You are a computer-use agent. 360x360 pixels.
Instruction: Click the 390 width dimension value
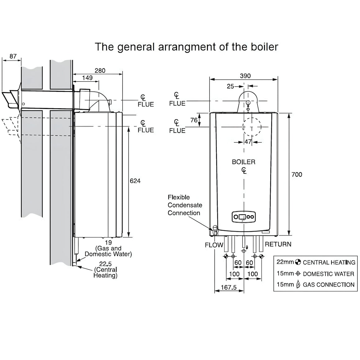coord(245,76)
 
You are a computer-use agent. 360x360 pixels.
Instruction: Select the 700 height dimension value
coord(297,174)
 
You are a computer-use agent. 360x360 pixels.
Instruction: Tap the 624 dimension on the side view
coord(135,181)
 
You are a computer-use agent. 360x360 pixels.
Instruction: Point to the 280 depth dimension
coord(100,71)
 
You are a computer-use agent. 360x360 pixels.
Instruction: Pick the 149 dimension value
coord(87,78)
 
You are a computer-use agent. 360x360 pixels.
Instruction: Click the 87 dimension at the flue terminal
coord(13,56)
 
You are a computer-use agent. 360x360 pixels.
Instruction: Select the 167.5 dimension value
coord(228,288)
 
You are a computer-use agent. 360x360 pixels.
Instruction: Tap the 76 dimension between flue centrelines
coord(194,120)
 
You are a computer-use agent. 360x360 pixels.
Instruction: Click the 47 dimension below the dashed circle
coord(248,142)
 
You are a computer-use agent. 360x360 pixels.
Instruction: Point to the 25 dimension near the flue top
coord(230,86)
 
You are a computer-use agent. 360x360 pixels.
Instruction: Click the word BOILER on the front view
coord(244,162)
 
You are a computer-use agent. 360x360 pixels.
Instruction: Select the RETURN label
coord(278,244)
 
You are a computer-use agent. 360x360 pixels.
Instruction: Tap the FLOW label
coord(214,245)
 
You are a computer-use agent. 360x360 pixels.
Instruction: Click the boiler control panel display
coord(244,217)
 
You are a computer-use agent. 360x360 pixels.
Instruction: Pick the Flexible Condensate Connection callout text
coord(185,205)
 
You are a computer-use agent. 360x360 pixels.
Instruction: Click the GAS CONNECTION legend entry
coord(328,285)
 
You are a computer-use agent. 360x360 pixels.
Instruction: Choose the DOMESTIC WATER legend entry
coord(328,274)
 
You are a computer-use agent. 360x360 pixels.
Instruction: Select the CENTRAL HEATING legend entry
coord(329,263)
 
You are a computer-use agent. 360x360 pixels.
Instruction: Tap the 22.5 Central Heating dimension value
coord(106,264)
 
